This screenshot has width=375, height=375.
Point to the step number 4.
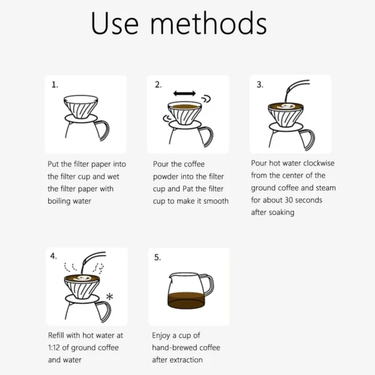tap(54, 256)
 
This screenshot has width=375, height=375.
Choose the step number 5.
tap(158, 256)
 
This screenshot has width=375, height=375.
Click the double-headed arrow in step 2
tap(184, 93)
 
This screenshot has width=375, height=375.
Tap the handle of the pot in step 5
tap(207, 286)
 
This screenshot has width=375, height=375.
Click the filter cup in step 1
tap(83, 106)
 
